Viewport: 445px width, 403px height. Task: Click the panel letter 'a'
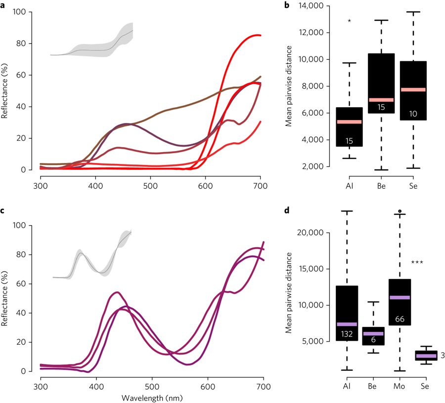(3, 6)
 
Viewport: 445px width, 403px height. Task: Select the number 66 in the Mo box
(400, 319)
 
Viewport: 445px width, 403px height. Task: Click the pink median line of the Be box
(381, 100)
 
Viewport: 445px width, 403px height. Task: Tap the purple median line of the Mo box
(400, 297)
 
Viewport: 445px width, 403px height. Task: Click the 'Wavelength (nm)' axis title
(152, 396)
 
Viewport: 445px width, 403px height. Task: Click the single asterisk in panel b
(350, 21)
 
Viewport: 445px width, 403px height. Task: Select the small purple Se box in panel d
(426, 356)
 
